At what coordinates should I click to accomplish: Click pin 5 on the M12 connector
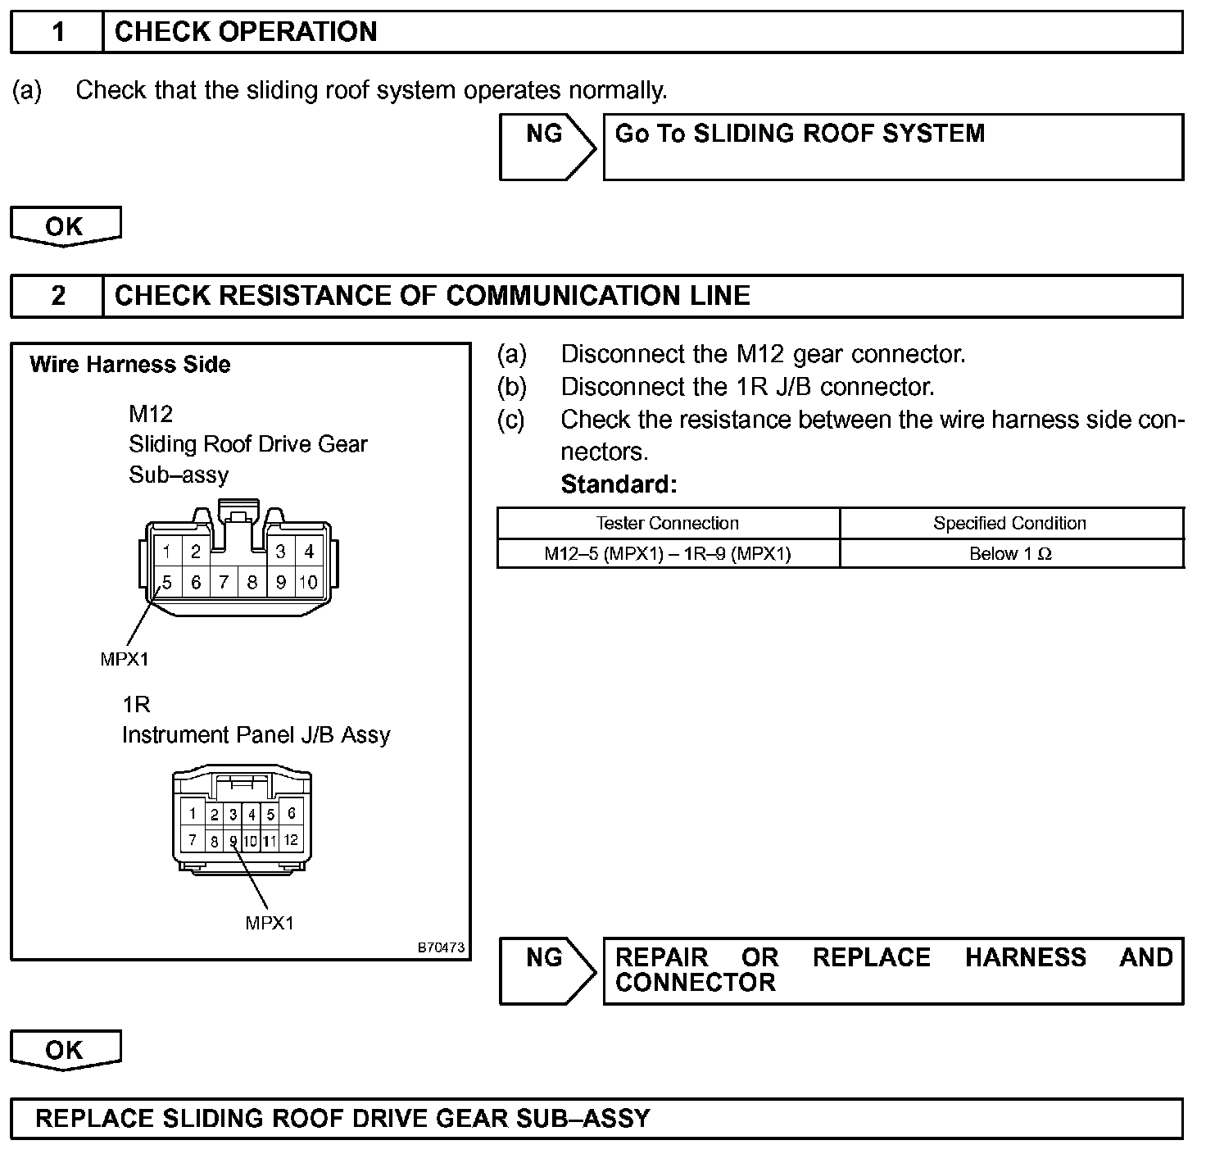tap(167, 583)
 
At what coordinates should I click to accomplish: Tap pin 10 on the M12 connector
tap(308, 583)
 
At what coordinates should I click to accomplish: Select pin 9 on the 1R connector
tap(233, 840)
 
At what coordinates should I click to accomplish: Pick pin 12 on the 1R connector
tap(291, 839)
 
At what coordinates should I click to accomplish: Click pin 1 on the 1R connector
tap(193, 813)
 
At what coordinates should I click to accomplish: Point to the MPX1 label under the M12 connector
tap(125, 659)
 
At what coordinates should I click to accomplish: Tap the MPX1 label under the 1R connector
tap(270, 923)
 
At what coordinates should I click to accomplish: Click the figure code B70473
tap(441, 947)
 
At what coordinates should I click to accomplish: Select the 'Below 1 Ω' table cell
tap(1010, 554)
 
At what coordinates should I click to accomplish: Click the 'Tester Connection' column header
tap(667, 523)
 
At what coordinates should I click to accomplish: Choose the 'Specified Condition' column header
tap(1010, 523)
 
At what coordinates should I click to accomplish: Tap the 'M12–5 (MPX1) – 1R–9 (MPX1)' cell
tap(667, 554)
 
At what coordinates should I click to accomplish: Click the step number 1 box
tap(57, 33)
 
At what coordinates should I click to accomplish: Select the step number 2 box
tap(57, 296)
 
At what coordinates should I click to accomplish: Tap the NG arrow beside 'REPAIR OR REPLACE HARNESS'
tap(546, 970)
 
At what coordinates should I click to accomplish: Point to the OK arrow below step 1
tap(65, 226)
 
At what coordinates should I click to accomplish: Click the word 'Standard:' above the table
tap(619, 484)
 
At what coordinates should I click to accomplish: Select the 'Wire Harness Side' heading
tap(130, 365)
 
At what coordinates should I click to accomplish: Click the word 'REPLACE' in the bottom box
tap(94, 1119)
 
